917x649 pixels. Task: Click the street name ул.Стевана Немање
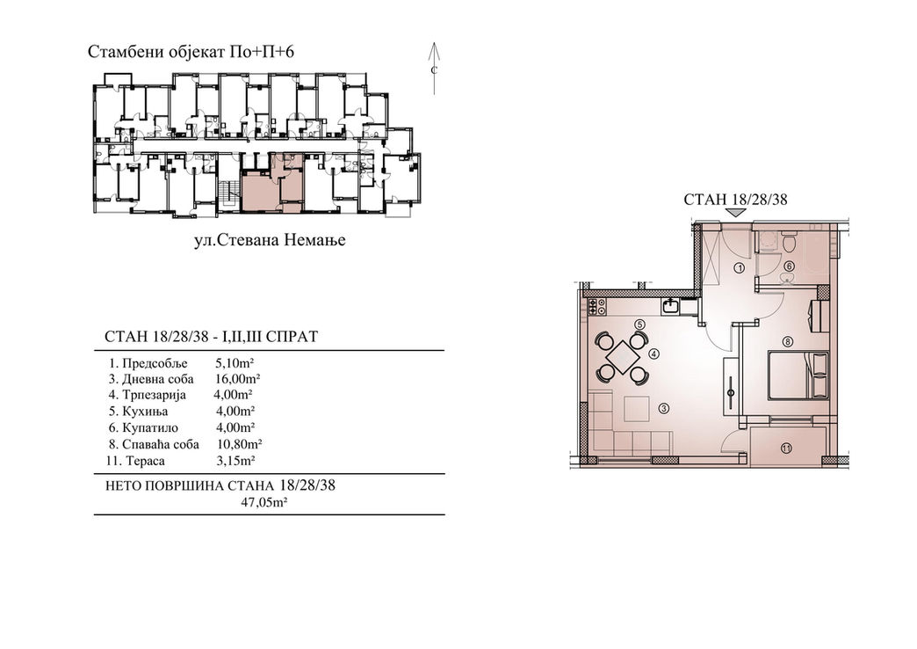pos(270,239)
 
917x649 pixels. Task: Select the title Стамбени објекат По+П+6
pos(191,52)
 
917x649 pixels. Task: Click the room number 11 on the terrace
pos(786,448)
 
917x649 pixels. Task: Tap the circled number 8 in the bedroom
pos(788,341)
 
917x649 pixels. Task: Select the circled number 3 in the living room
pos(663,409)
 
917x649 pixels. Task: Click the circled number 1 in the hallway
pos(739,268)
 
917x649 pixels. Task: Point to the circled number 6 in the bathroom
pos(789,266)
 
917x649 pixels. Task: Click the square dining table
pos(622,355)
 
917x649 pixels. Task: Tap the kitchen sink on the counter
pos(670,305)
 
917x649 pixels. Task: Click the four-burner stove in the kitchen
pos(596,305)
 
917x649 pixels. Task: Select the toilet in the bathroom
pos(789,241)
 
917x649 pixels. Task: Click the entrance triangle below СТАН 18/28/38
pos(735,214)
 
